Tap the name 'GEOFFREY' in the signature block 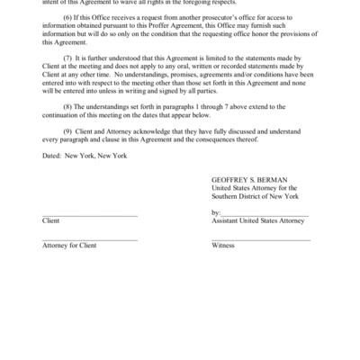pos(229,204)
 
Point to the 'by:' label pos(216,236)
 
